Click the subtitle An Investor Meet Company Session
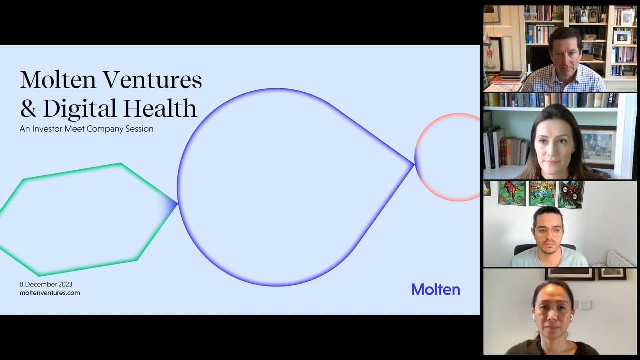pos(86,129)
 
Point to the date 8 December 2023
pos(46,284)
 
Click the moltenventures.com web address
pos(50,293)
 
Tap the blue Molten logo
pos(435,289)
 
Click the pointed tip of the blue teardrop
pos(413,164)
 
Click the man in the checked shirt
pos(565,62)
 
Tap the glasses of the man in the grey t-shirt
pos(548,231)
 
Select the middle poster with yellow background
pos(542,193)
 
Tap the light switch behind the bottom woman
pos(583,304)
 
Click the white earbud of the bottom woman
pos(534,317)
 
